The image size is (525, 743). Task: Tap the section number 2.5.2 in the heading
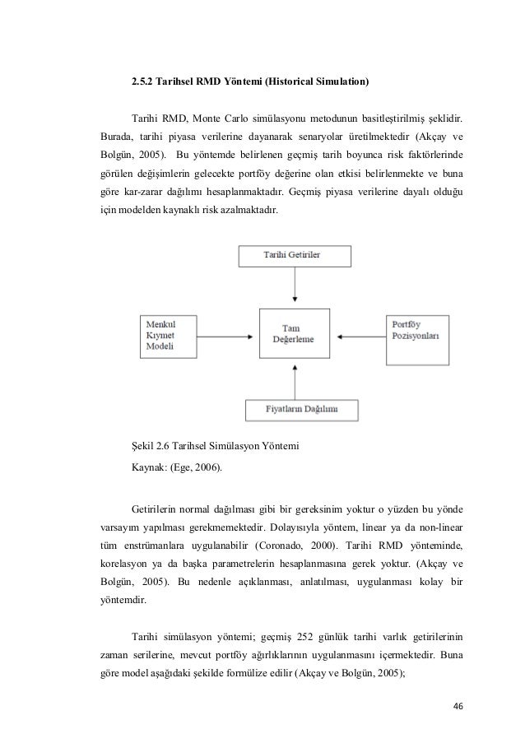point(145,81)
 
